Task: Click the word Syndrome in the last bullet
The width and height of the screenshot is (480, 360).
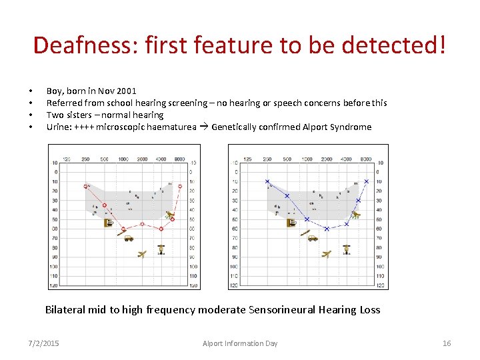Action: pos(351,127)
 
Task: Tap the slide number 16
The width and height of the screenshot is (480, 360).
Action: pos(447,343)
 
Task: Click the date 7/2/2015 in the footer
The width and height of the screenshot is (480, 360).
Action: pos(43,343)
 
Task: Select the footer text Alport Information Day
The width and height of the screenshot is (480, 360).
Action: pos(240,343)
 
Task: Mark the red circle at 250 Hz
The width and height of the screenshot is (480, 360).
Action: pos(86,167)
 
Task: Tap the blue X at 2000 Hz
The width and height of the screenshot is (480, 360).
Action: pos(327,229)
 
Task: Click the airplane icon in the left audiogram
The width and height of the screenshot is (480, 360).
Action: pos(141,253)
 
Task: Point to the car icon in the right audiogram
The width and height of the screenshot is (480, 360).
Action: pos(312,237)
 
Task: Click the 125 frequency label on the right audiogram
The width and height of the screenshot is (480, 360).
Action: pos(247,159)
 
